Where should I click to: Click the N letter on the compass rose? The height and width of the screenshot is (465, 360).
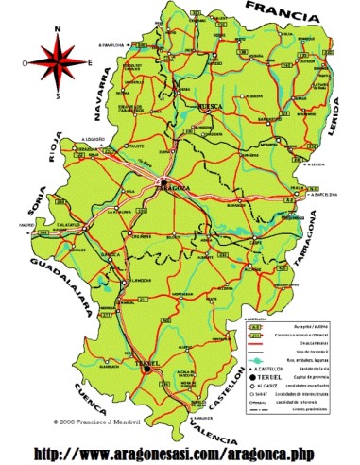tap(58, 29)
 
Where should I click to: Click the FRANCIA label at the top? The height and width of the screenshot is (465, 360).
tap(292, 13)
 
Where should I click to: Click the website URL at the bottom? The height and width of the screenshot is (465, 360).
tap(180, 447)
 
